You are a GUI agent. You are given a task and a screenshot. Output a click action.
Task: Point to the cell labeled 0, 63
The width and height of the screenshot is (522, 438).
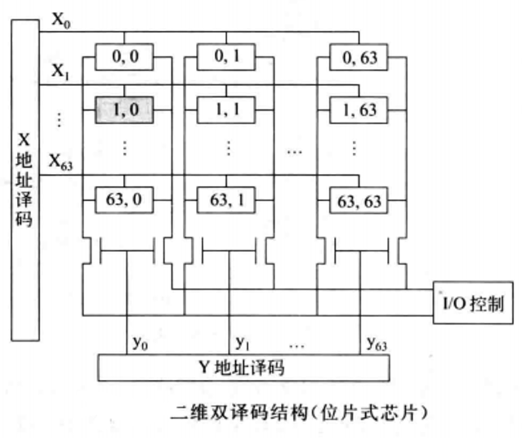pos(357,57)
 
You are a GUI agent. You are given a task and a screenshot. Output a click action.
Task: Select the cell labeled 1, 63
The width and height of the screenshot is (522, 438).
pos(357,108)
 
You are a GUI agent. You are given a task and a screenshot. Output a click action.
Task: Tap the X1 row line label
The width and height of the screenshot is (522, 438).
pos(62,73)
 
